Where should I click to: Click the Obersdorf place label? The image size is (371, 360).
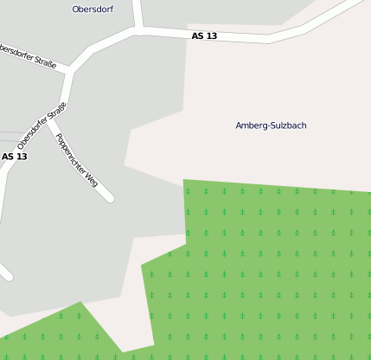pos(92,10)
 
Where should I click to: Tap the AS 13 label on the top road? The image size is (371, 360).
pos(204,36)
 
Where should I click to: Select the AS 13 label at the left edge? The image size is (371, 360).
pos(14,157)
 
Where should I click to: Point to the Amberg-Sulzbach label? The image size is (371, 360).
pos(271,125)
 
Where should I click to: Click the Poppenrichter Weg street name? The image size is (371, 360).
pos(76,160)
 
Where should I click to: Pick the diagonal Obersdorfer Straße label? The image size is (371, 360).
pos(42,126)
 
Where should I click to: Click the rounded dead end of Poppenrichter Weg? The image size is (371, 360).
pos(109,198)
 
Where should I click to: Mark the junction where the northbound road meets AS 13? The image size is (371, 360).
pos(138,30)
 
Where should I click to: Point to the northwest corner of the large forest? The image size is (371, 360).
pos(184,181)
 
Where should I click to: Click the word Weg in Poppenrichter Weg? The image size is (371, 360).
pos(90,177)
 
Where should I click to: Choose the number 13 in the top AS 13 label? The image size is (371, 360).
pos(211,36)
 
